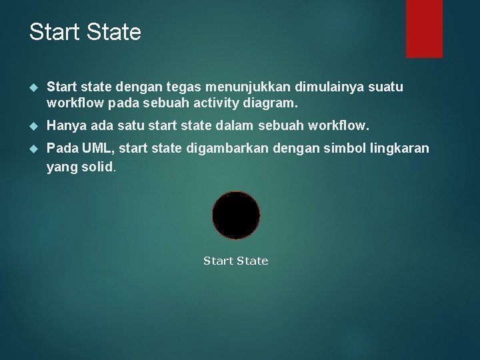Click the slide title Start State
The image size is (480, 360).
pos(85,32)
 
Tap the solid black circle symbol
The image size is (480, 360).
pos(236,215)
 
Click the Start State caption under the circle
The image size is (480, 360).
pos(235,261)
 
